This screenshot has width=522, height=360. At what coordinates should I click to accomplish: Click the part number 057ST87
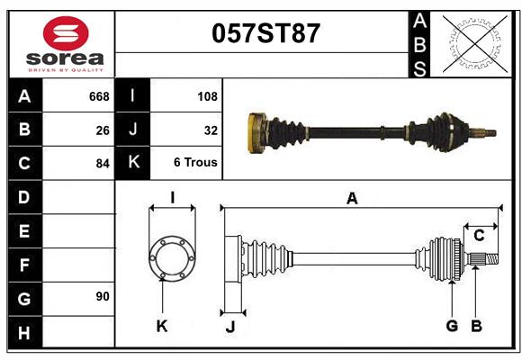click(x=265, y=34)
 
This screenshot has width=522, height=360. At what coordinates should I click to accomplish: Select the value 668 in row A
click(x=98, y=96)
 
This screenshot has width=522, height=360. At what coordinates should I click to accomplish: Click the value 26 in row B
click(x=103, y=130)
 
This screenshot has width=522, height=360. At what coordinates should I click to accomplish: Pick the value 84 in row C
click(x=103, y=164)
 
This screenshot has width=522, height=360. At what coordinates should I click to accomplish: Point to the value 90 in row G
click(x=103, y=296)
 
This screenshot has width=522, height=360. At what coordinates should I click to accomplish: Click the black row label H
click(x=24, y=334)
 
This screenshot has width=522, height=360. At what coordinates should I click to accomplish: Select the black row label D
click(x=24, y=196)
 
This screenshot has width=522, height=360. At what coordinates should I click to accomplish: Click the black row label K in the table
click(x=133, y=163)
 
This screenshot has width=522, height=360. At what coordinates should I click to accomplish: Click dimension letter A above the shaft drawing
click(x=352, y=199)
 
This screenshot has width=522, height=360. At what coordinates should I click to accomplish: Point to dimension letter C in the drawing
click(x=479, y=236)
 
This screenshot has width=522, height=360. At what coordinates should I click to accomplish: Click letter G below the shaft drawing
click(x=452, y=326)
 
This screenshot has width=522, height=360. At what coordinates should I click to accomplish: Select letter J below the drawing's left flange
click(x=230, y=327)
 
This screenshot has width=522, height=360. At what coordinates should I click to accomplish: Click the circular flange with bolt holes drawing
click(x=172, y=259)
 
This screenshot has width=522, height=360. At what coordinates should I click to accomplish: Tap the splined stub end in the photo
click(x=488, y=134)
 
